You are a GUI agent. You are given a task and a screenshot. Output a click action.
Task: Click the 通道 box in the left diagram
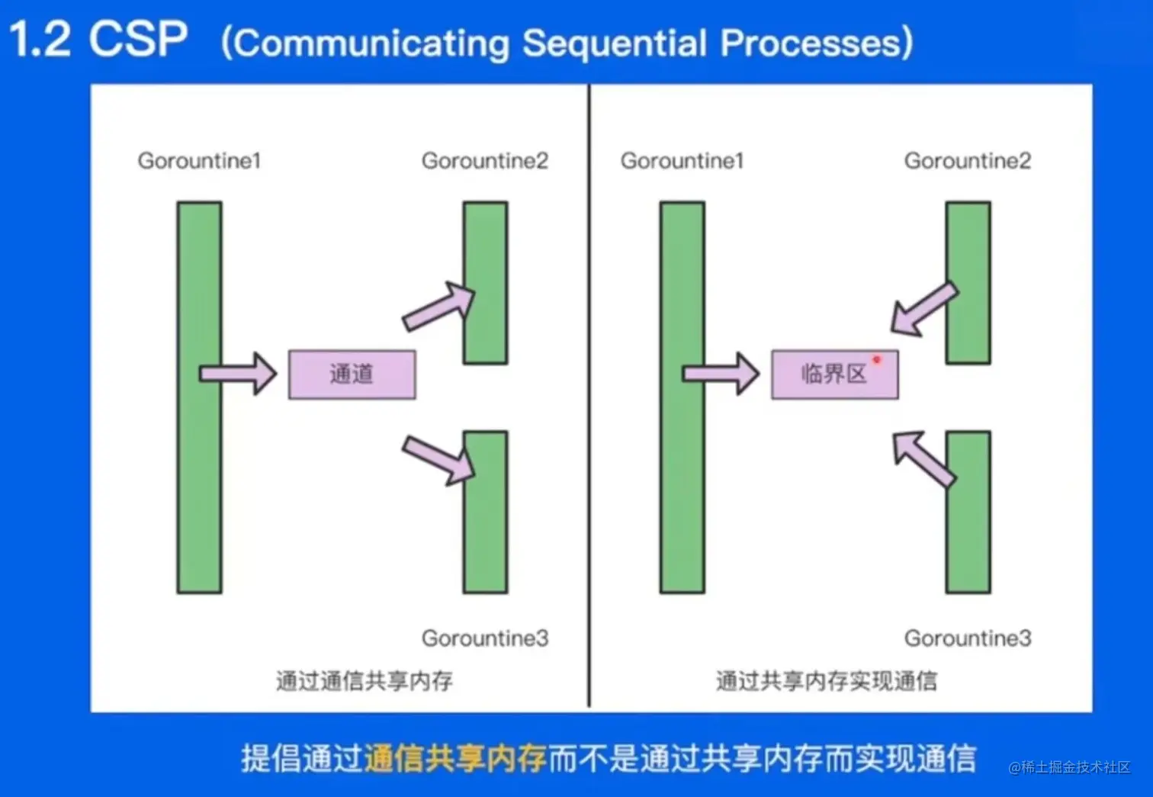click(x=352, y=374)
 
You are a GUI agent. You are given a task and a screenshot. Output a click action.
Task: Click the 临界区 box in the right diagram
click(x=834, y=374)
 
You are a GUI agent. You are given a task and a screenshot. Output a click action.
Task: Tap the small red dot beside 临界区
click(x=877, y=360)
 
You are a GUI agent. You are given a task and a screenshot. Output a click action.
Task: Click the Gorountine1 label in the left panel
click(x=199, y=161)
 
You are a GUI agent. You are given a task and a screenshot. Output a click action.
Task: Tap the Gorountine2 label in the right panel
click(x=967, y=161)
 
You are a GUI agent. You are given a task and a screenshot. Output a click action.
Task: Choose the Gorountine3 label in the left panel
click(x=484, y=638)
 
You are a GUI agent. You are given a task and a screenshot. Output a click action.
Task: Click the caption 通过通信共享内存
click(x=365, y=680)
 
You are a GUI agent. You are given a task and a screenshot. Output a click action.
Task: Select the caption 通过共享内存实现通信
click(x=827, y=680)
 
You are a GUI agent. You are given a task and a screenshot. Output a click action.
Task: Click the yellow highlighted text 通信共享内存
click(x=455, y=759)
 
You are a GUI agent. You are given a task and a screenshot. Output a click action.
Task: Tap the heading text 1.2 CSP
click(x=98, y=40)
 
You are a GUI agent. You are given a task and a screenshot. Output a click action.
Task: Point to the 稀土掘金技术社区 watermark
click(x=1069, y=767)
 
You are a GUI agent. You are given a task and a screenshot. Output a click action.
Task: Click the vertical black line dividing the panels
click(x=589, y=397)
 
